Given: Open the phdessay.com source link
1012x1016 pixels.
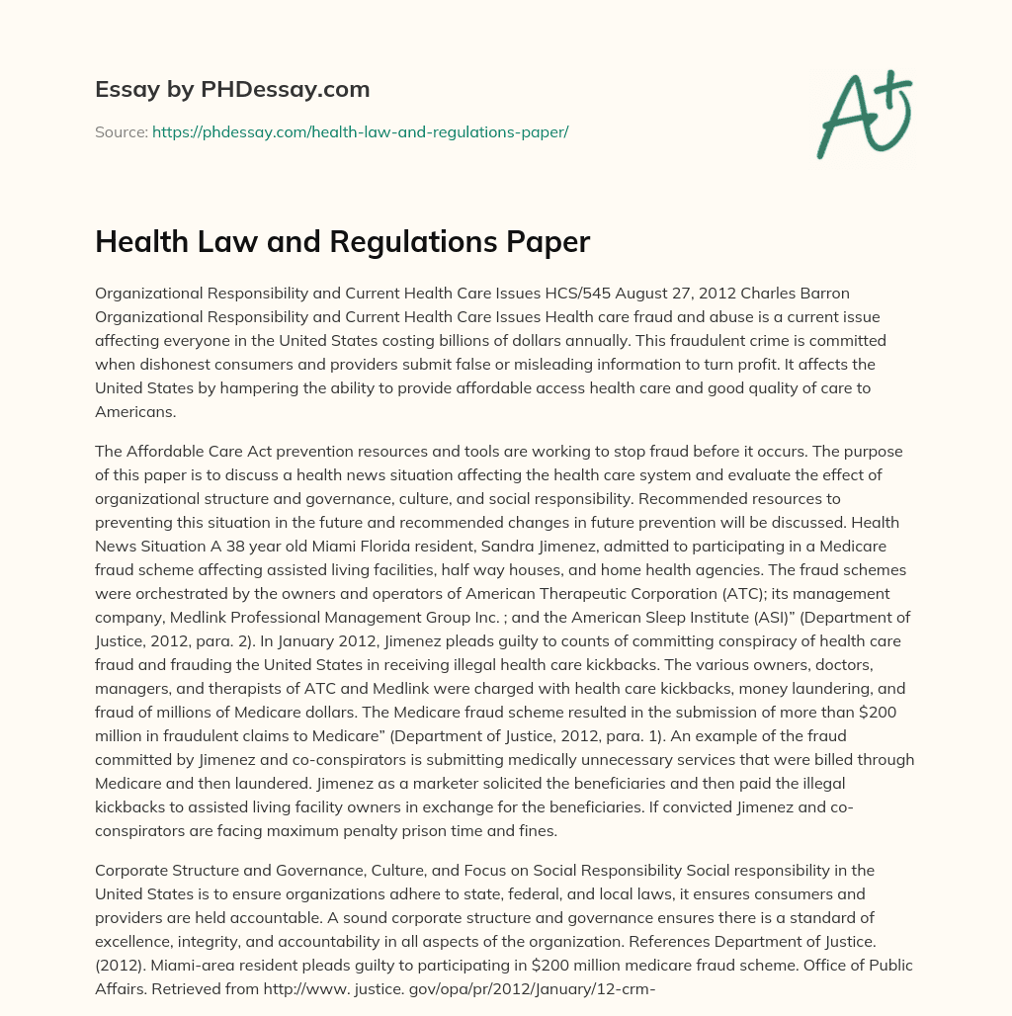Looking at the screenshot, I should point(360,131).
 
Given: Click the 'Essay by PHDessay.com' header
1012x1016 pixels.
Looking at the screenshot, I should point(232,89).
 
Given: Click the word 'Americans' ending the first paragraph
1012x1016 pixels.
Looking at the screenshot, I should point(133,412).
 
